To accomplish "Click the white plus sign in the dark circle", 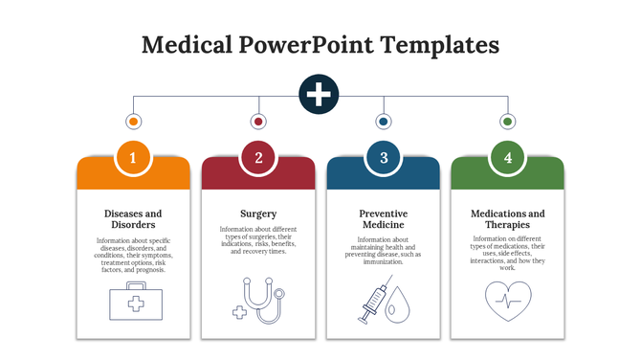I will coord(320,94).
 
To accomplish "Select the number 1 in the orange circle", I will coord(133,158).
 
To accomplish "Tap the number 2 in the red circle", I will coord(258,158).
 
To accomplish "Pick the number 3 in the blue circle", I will coord(383,158).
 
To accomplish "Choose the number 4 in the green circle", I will coord(508,158).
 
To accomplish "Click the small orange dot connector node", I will coord(133,122).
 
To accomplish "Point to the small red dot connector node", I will coord(258,122).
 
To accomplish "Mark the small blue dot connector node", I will coord(383,122).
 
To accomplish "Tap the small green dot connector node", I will coord(508,122).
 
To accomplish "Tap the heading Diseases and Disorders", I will coord(133,218).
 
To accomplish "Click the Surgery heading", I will coord(258,214).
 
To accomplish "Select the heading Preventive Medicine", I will coord(383,218).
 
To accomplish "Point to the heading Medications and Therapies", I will coord(508,218).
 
